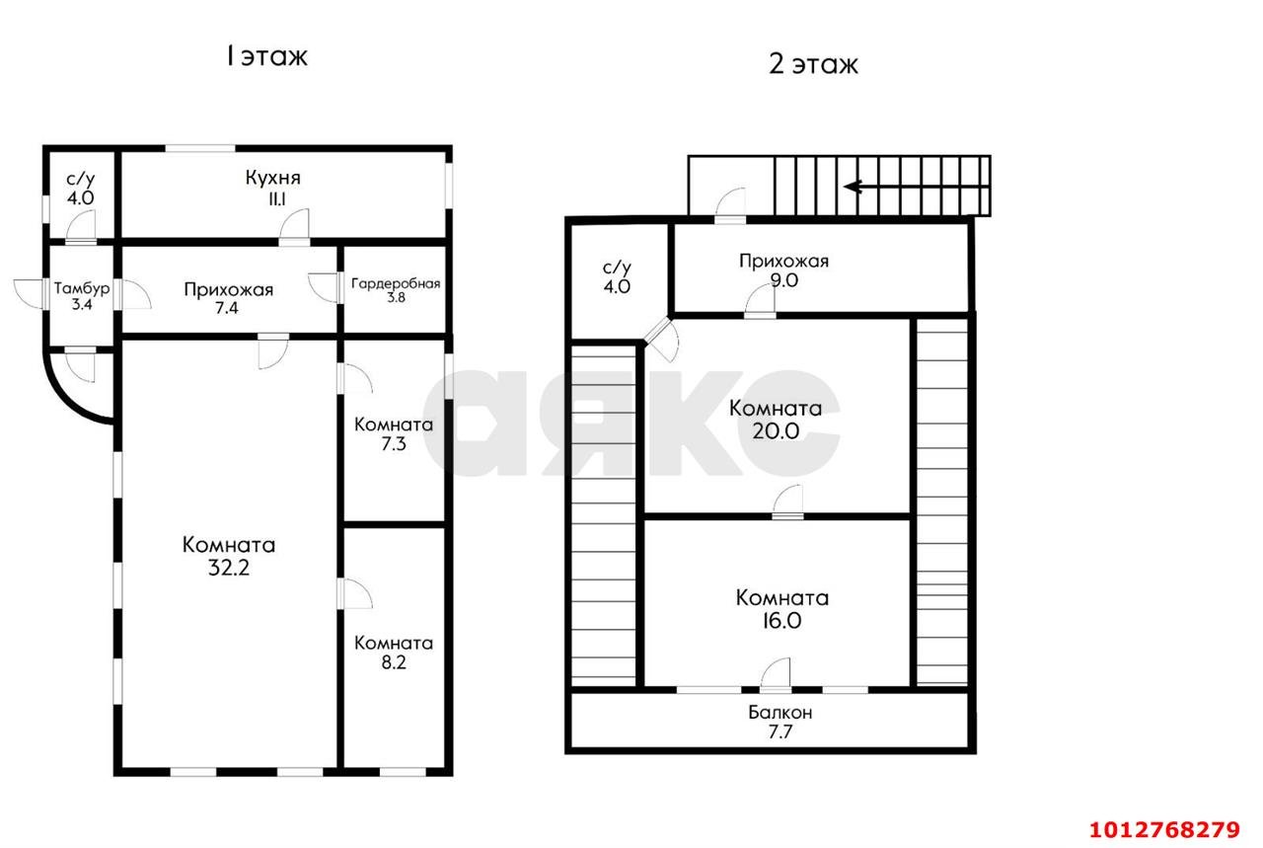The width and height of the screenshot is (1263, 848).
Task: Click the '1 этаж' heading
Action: tap(266, 56)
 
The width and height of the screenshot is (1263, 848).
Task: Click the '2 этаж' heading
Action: tap(813, 64)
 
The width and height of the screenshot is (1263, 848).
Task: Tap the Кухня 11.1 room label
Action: tap(273, 188)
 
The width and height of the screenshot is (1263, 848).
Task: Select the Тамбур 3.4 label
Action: tap(82, 296)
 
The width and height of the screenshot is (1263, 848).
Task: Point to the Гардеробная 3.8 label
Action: tap(396, 290)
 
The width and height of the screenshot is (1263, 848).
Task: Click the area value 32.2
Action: tap(228, 567)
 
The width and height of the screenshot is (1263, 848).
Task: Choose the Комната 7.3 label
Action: tap(394, 434)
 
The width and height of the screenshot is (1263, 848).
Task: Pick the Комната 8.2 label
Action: tap(394, 653)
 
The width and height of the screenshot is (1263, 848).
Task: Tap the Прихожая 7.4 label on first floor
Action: tap(228, 298)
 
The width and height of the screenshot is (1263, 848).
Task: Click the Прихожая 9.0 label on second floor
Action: tap(783, 270)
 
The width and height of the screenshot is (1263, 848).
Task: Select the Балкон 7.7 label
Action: tap(780, 722)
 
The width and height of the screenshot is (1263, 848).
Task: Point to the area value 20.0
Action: tap(776, 431)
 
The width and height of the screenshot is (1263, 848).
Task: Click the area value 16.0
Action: tap(781, 621)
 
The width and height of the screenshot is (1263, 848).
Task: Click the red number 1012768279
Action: tap(1164, 830)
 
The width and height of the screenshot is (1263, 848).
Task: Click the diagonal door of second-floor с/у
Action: tap(661, 340)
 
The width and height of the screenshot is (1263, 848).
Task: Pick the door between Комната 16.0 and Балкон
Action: tap(776, 675)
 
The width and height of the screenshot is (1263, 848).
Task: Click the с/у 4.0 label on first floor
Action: tap(81, 189)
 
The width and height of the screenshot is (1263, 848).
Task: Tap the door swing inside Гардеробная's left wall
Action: tap(323, 287)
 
